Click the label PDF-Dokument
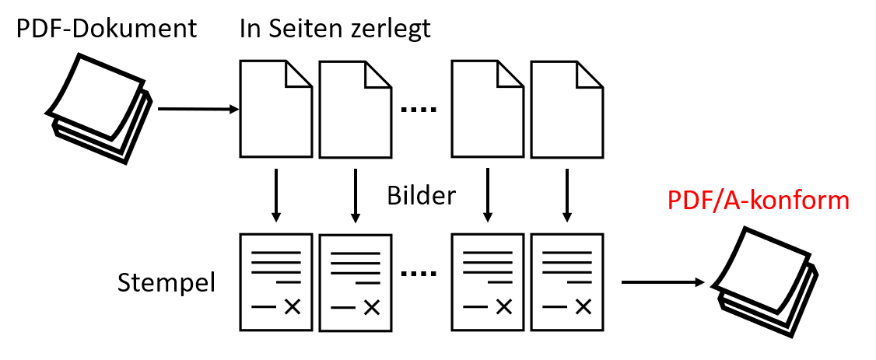coord(106,28)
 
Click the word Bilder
coord(422,196)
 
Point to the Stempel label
coord(166,284)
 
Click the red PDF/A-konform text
coord(758,201)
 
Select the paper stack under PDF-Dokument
coord(99,109)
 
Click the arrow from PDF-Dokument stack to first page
coord(199,110)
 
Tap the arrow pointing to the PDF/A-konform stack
coord(663,282)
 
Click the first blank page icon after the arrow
coord(276,109)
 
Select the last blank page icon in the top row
coord(566,109)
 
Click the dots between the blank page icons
coord(419,110)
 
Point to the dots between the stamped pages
coord(419,274)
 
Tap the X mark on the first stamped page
coord(293,306)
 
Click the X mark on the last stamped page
coord(583,306)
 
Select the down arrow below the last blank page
coord(567,194)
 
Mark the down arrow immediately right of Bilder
coord(488,194)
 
